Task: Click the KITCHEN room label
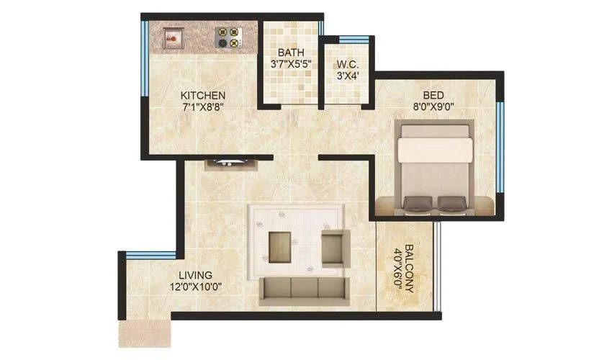tap(203, 96)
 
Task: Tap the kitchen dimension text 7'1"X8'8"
tap(203, 109)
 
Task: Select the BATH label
tap(292, 53)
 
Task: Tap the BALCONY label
tap(409, 267)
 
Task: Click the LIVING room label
tap(196, 275)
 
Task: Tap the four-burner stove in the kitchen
tap(230, 37)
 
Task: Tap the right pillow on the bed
tap(451, 203)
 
